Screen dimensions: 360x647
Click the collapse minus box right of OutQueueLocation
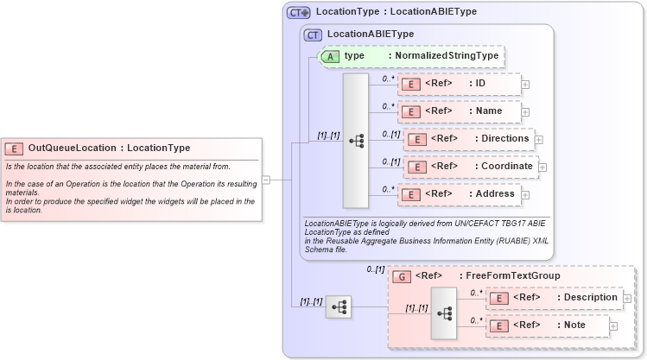[x=266, y=180]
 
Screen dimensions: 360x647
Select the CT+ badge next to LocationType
[x=299, y=12]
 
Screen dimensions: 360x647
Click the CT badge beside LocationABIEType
[x=313, y=35]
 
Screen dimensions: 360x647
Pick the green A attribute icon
[x=330, y=56]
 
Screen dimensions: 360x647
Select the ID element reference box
[x=459, y=84]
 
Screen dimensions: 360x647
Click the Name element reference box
[x=459, y=111]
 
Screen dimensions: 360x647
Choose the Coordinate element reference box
[x=471, y=167]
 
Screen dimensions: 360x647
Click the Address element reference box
[x=459, y=194]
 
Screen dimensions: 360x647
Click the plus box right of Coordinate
[x=542, y=167]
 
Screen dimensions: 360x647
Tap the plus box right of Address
[x=525, y=194]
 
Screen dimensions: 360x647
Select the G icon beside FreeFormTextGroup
[x=401, y=276]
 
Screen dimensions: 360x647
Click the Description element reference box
[x=554, y=298]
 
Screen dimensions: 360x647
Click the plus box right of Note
[x=613, y=325]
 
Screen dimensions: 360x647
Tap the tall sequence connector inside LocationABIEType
[x=355, y=140]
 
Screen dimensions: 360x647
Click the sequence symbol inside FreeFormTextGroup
[x=443, y=313]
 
